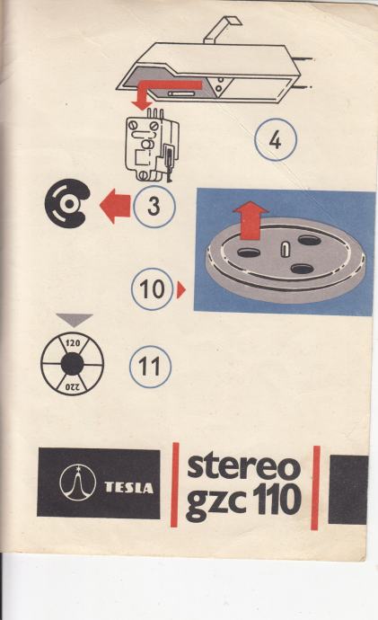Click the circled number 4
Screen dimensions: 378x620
point(276,140)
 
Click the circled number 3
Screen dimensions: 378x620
point(154,207)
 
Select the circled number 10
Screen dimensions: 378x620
point(153,289)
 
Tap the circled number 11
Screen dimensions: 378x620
point(150,367)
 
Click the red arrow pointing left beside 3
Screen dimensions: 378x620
point(115,206)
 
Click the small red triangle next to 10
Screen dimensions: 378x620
point(180,290)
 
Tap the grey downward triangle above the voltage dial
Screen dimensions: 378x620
point(75,320)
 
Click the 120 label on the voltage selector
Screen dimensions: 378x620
point(73,343)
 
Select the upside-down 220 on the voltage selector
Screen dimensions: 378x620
point(73,386)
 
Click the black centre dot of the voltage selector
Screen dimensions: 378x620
point(73,364)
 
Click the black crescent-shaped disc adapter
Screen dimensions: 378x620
point(67,203)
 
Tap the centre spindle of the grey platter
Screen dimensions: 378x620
point(285,250)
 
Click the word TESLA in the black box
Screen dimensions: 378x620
point(128,488)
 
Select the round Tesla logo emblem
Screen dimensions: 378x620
point(78,483)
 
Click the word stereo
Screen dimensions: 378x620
point(243,467)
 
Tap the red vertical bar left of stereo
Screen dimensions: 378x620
point(175,484)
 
